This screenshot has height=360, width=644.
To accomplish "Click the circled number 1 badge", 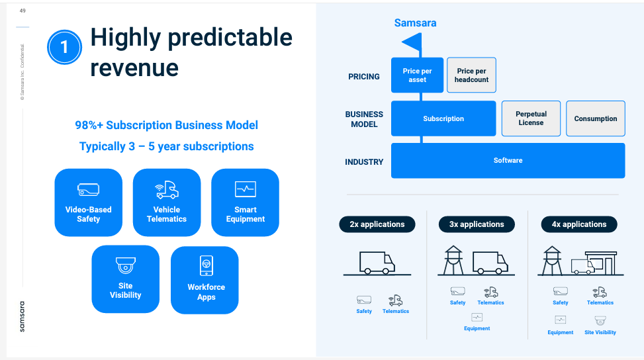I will coord(64,47).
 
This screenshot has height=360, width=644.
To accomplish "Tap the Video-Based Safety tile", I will coord(88,202).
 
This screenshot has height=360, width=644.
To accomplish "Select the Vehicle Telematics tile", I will coord(167,202).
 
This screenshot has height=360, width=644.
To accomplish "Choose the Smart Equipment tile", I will coord(245,202).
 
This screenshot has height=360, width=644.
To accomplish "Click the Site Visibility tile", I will coord(125,279).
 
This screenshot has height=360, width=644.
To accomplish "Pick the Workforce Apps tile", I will coord(205,280).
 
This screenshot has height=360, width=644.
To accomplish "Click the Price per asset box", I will coord(417,75).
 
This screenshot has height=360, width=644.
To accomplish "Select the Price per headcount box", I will coord(471,75).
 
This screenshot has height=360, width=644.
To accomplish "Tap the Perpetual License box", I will coord(531,118).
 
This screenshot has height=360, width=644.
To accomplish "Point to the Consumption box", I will coord(596,118).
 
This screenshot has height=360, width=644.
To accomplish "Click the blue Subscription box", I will coord(443,118).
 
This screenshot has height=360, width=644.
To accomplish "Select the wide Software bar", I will coord(508,160).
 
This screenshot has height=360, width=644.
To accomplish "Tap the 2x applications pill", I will coord(377,224).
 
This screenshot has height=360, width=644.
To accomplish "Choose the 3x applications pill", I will coord(477,224).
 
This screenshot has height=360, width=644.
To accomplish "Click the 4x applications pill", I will coord(579,224).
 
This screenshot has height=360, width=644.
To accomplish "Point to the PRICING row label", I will coord(364,76).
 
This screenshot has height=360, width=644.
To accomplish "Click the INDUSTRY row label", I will coord(364,161).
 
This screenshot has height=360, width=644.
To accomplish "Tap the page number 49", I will coord(23,11).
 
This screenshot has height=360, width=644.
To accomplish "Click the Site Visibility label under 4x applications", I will coord(600,332).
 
